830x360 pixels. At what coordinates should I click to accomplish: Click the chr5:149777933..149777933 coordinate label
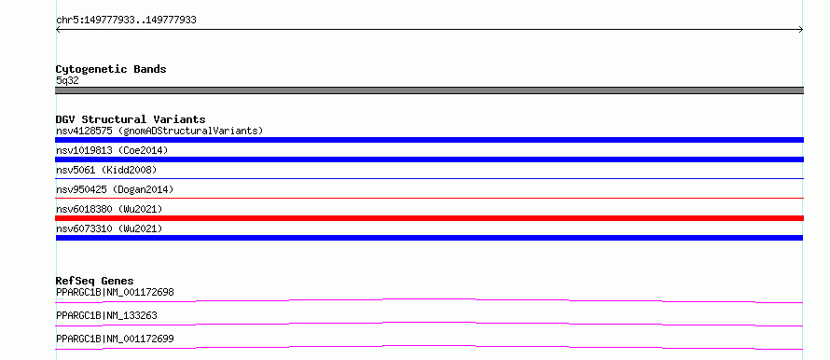point(126,21)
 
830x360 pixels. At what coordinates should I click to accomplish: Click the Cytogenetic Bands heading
point(111,69)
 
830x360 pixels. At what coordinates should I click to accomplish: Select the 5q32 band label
point(67,80)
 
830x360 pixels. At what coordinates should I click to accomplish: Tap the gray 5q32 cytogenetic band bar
point(429,90)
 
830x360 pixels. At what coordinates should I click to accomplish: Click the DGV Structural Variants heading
point(131,119)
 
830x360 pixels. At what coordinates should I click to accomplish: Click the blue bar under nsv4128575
point(429,140)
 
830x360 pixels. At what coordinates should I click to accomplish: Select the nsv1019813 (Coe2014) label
point(112,150)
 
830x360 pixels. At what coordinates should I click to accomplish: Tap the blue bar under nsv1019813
point(429,159)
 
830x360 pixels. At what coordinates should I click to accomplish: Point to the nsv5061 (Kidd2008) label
point(106,170)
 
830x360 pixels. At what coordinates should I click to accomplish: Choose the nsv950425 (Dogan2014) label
point(115,189)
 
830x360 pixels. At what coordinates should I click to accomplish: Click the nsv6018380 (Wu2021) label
point(109,209)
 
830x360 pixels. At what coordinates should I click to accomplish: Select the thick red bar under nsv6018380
point(429,218)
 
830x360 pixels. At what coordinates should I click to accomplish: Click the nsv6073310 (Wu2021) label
point(109,228)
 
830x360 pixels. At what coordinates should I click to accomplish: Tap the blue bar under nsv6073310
point(429,238)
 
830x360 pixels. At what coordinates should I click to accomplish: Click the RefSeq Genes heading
point(95,281)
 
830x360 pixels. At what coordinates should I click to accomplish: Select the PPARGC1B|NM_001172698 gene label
point(115,292)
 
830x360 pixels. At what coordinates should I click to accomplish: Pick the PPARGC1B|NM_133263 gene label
point(106,315)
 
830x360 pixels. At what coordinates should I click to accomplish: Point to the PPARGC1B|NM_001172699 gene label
point(115,339)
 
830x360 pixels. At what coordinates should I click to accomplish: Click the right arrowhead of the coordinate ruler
point(802,30)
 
